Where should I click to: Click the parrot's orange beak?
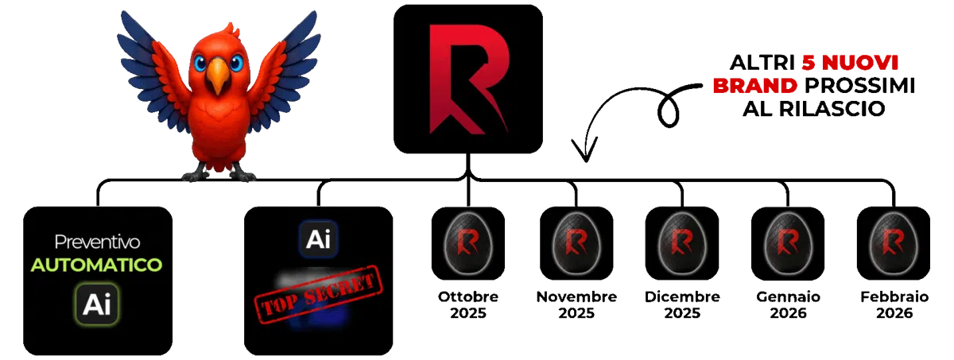(217, 78)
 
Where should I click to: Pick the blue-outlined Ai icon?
(318, 238)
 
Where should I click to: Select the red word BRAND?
(754, 86)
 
